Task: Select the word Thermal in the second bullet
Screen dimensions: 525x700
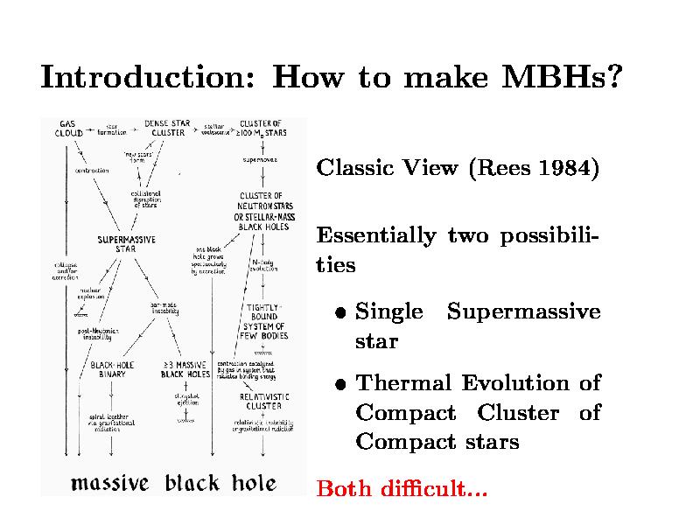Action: tap(405, 383)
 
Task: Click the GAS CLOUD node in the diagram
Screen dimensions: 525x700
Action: tap(69, 128)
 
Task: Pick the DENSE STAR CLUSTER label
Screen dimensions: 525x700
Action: tap(167, 128)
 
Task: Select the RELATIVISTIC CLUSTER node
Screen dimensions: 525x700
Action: tap(263, 401)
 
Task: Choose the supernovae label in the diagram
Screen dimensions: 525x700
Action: tap(260, 160)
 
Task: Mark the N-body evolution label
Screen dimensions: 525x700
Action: tap(263, 264)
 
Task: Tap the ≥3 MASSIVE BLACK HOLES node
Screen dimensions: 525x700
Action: tap(185, 369)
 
